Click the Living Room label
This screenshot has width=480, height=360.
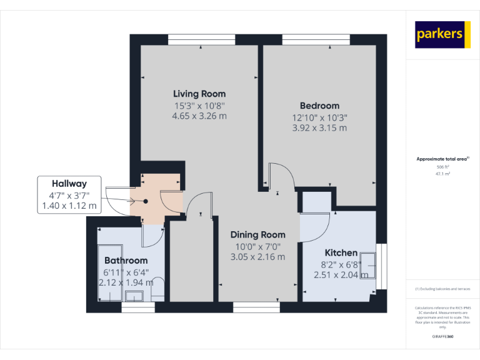tap(199, 94)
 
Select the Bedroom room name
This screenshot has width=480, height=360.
tap(319, 106)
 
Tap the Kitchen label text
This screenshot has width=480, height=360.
tap(341, 252)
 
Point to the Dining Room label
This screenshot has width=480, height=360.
tap(257, 234)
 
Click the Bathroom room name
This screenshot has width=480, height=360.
tap(126, 260)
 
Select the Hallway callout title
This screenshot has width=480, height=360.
tap(69, 184)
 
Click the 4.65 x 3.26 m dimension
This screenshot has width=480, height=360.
tap(199, 116)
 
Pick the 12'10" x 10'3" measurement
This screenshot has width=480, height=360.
tap(319, 117)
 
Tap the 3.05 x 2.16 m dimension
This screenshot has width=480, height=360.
tap(257, 256)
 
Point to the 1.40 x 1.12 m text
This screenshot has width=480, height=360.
tap(69, 206)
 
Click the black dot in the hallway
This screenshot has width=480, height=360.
tap(146, 201)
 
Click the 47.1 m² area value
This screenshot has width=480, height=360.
tap(442, 174)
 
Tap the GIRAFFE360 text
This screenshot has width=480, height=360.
tap(442, 337)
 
